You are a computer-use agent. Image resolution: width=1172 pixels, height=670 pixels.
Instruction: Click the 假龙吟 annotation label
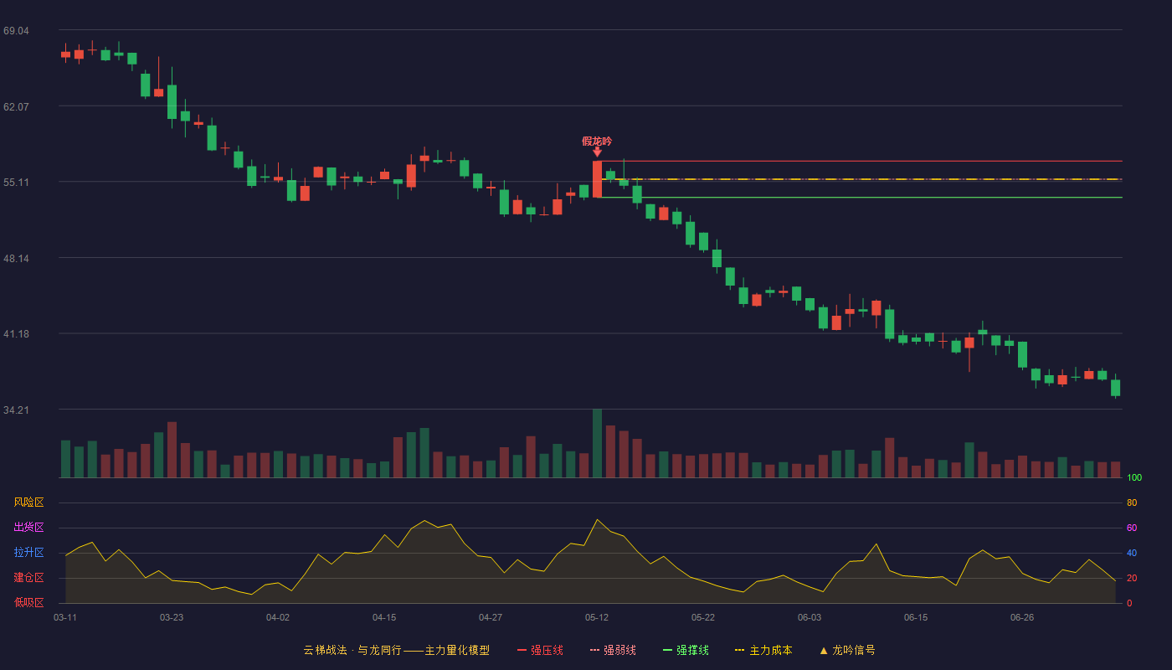click(x=597, y=142)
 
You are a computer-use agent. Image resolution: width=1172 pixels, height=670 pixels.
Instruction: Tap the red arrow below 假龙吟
click(x=597, y=152)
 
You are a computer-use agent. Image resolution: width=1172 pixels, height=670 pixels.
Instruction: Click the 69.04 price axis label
click(x=16, y=30)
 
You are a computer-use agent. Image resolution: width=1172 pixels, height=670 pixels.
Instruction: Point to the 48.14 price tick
click(x=16, y=258)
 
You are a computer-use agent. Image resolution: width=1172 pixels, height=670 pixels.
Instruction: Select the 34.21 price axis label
click(x=16, y=410)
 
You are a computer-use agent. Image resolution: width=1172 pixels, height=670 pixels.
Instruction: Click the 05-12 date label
click(x=597, y=618)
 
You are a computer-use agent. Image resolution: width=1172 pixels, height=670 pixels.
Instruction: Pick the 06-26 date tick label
click(x=1022, y=618)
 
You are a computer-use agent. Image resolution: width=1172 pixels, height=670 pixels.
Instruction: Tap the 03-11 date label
click(x=65, y=618)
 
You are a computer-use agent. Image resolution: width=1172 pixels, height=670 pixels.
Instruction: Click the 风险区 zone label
click(x=28, y=502)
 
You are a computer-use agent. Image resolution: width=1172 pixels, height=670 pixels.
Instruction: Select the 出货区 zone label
click(x=28, y=527)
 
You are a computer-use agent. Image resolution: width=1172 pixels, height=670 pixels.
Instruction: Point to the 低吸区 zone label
click(x=28, y=602)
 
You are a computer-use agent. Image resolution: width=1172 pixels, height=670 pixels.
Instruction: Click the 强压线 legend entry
click(x=541, y=650)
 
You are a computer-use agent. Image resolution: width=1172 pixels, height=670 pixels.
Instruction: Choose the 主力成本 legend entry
click(x=763, y=650)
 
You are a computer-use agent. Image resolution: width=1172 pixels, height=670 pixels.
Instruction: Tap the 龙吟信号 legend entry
click(x=847, y=650)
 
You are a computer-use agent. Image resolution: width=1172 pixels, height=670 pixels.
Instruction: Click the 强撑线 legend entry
click(x=686, y=650)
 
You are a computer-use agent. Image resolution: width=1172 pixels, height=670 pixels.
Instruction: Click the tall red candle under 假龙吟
click(x=597, y=179)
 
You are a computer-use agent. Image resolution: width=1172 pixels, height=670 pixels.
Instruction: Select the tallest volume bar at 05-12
click(x=597, y=443)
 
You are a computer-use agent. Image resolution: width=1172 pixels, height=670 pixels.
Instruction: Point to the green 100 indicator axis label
click(x=1134, y=477)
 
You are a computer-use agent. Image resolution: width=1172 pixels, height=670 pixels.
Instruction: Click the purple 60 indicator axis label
click(x=1132, y=528)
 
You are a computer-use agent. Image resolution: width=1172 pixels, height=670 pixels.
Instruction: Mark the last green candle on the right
click(x=1115, y=387)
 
